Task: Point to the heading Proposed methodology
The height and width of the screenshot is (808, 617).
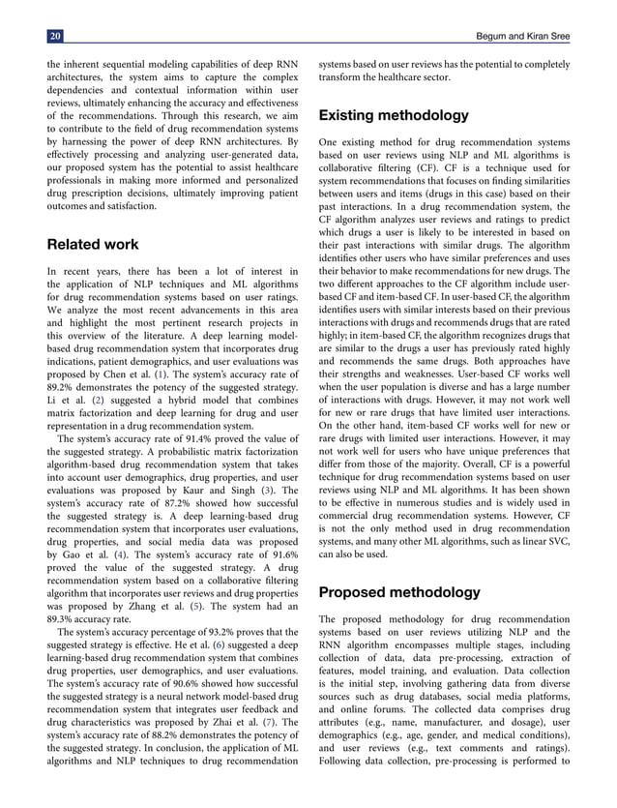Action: point(398,591)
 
